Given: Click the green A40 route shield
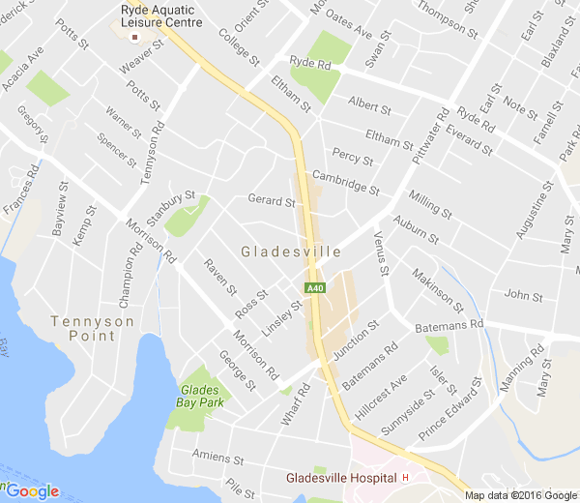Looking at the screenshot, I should (x=315, y=288).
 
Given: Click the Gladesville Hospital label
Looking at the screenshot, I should (x=341, y=478).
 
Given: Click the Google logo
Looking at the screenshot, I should (x=31, y=490).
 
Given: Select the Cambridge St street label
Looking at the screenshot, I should (x=345, y=181).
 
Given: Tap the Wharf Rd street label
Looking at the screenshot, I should (x=301, y=402).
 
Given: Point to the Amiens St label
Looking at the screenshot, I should (x=215, y=457).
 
